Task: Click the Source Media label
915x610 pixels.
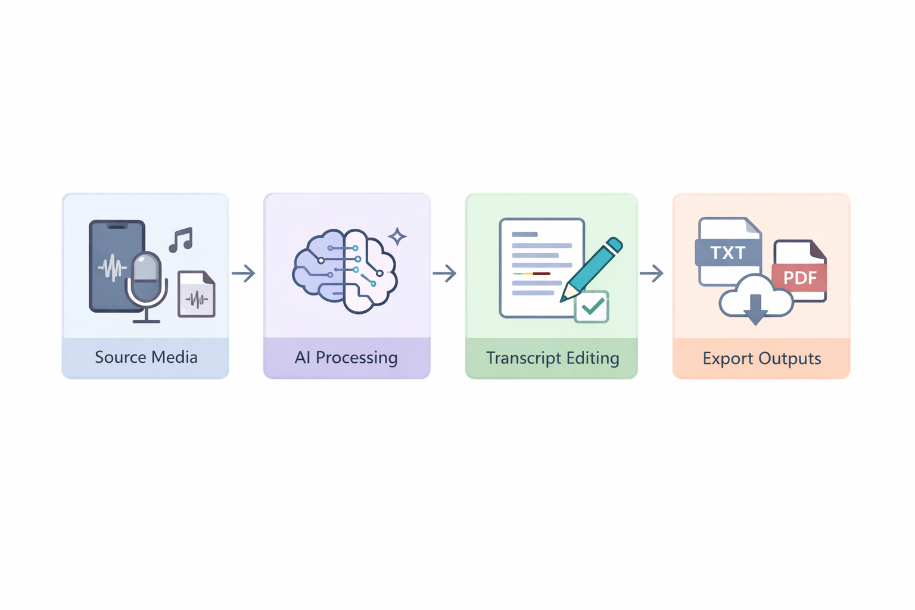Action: click(x=146, y=357)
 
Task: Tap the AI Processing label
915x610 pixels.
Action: click(x=346, y=357)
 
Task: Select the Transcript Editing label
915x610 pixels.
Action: click(x=552, y=358)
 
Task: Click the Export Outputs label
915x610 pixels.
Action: click(x=761, y=359)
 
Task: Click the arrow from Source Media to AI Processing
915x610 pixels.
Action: click(x=244, y=273)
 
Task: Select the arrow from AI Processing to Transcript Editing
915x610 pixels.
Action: click(x=444, y=273)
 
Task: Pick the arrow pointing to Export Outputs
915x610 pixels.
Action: click(x=652, y=273)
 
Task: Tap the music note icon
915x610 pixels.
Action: click(x=181, y=239)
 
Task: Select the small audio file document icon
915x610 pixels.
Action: click(x=197, y=294)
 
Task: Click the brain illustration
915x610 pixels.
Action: click(x=344, y=271)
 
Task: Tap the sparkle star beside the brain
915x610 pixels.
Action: click(x=397, y=236)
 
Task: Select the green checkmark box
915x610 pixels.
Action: click(x=592, y=307)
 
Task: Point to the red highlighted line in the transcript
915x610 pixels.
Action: click(x=541, y=273)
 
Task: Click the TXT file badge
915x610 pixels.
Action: click(x=728, y=253)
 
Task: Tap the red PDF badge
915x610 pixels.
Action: click(x=799, y=278)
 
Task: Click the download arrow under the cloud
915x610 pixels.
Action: click(x=755, y=309)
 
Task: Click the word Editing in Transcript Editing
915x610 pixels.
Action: click(x=593, y=358)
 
